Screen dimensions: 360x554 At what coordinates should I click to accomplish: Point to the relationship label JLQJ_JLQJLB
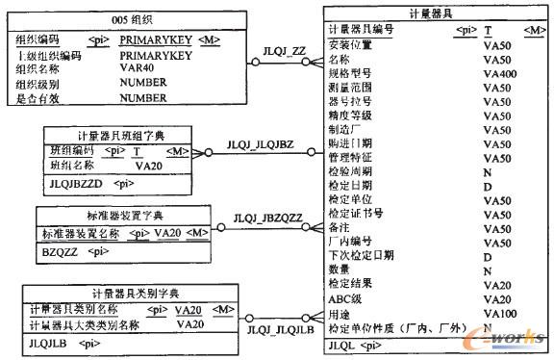pos(280,330)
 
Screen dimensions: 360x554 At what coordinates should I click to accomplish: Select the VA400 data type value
pos(500,73)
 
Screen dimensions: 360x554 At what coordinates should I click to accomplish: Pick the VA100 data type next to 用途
pos(500,314)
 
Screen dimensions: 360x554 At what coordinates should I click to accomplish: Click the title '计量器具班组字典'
pos(119,136)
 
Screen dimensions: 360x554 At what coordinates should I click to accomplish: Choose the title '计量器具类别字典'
pos(121,292)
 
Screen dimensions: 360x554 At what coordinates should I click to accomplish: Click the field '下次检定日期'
pos(361,256)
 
